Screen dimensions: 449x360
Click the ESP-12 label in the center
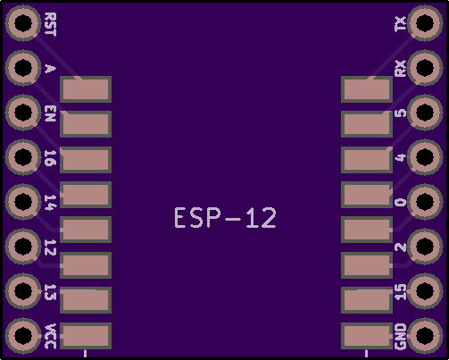(225, 218)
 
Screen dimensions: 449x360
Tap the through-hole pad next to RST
(23, 23)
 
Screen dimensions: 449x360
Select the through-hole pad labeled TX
(425, 23)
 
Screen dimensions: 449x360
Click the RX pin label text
(400, 68)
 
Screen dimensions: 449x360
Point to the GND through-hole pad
(425, 336)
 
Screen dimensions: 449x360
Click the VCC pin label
(50, 336)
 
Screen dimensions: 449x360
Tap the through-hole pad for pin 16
(23, 157)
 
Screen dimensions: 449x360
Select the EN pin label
(50, 113)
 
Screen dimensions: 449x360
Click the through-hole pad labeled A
(23, 68)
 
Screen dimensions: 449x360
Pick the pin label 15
(400, 292)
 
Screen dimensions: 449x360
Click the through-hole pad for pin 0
(425, 202)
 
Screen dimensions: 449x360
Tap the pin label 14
(50, 203)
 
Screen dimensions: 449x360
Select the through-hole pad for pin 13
(23, 291)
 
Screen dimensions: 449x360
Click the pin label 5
(400, 113)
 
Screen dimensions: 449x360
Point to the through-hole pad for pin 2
(425, 247)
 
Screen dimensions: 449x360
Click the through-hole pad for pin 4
(425, 157)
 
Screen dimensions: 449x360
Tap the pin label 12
(50, 247)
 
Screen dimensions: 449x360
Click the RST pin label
(50, 24)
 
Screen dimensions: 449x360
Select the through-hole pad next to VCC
(23, 336)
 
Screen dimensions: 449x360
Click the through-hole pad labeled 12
(23, 247)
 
